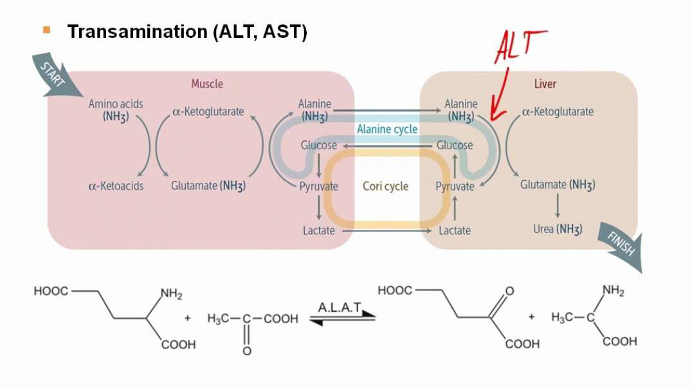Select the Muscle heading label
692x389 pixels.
coord(207,84)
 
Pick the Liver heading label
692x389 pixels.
coord(545,84)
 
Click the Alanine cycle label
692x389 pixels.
coord(387,129)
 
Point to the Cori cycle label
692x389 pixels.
coord(387,187)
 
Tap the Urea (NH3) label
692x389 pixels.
coord(558,229)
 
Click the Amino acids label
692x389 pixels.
coord(116,104)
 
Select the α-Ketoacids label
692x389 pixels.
coord(116,186)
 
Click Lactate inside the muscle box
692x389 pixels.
coord(319,230)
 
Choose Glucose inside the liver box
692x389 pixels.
coord(455,146)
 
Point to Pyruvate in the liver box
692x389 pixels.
coord(455,187)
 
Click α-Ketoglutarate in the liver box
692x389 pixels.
coord(558,111)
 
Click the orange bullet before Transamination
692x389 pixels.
coord(46,30)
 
